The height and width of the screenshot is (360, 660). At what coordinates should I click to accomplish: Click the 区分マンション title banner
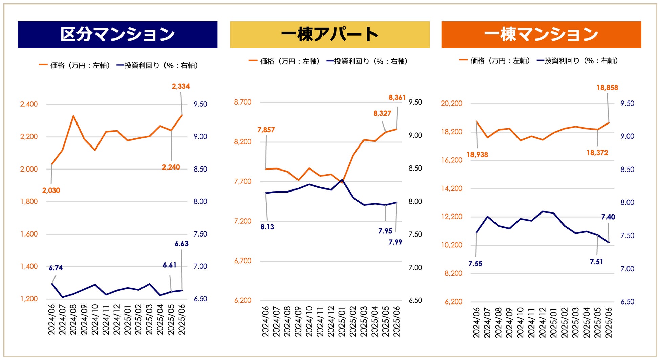(117, 35)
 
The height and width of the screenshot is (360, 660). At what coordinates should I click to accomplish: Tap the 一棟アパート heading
(330, 35)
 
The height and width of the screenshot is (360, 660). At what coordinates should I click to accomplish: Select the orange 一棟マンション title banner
(541, 35)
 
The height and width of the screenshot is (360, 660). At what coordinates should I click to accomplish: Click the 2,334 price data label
(181, 86)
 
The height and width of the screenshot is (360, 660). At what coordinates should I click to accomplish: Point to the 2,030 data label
(51, 190)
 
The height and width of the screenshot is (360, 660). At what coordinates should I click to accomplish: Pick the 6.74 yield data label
(56, 268)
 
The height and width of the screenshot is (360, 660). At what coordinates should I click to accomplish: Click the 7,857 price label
(266, 130)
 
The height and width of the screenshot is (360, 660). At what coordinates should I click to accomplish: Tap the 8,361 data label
(397, 98)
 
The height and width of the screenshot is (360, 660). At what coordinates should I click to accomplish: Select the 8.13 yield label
(267, 227)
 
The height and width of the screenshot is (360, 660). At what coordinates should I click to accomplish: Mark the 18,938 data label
(477, 155)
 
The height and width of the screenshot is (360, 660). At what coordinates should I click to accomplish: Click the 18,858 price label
(607, 88)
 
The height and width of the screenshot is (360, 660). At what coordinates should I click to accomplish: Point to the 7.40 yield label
(608, 217)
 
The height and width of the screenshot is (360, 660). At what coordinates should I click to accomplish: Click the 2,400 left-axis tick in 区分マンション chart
(29, 104)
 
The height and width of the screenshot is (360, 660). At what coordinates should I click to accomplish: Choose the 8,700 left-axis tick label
(243, 102)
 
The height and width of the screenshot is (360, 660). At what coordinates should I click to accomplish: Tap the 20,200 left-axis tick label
(452, 103)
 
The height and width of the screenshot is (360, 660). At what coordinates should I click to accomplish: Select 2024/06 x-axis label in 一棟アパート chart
(266, 321)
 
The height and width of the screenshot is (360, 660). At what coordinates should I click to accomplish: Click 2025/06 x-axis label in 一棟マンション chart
(609, 322)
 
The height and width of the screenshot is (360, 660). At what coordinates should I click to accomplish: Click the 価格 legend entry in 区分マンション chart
(75, 65)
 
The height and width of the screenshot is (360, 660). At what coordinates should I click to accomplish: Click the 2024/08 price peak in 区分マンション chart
(73, 116)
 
